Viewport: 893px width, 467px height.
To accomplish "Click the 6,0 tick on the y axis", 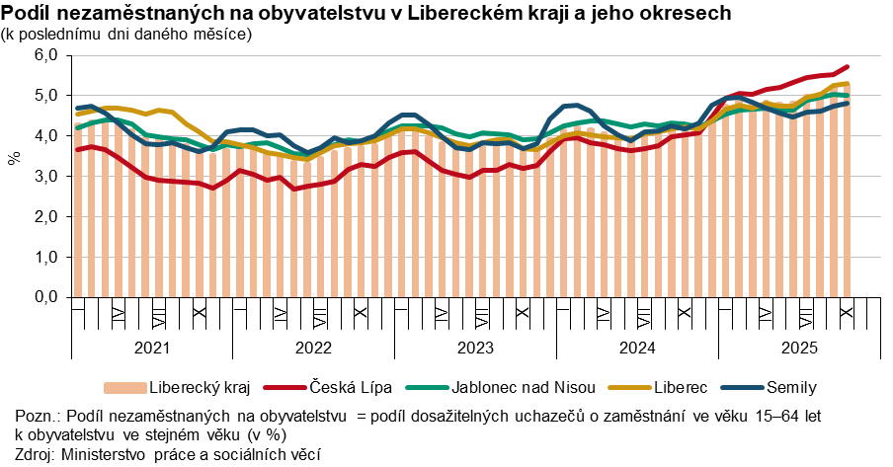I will tap(45, 55).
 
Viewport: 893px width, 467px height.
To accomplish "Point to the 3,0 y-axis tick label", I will tap(45, 176).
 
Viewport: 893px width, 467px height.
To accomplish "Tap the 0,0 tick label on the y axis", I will tap(45, 296).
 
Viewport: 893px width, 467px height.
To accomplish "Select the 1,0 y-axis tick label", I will tap(45, 257).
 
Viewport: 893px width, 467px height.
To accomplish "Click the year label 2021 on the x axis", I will tap(151, 349).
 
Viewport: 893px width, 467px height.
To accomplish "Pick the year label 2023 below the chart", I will tap(475, 349).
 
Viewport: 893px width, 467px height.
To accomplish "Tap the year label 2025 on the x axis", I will tap(798, 349).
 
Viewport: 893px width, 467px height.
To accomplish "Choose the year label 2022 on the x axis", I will tap(313, 349).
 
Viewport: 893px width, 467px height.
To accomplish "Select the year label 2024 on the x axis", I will tap(637, 349).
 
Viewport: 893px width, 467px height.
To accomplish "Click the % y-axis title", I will tap(14, 158).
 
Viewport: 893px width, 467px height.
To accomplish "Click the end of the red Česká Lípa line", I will tap(847, 67).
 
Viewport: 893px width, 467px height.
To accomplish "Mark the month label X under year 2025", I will tap(847, 312).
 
